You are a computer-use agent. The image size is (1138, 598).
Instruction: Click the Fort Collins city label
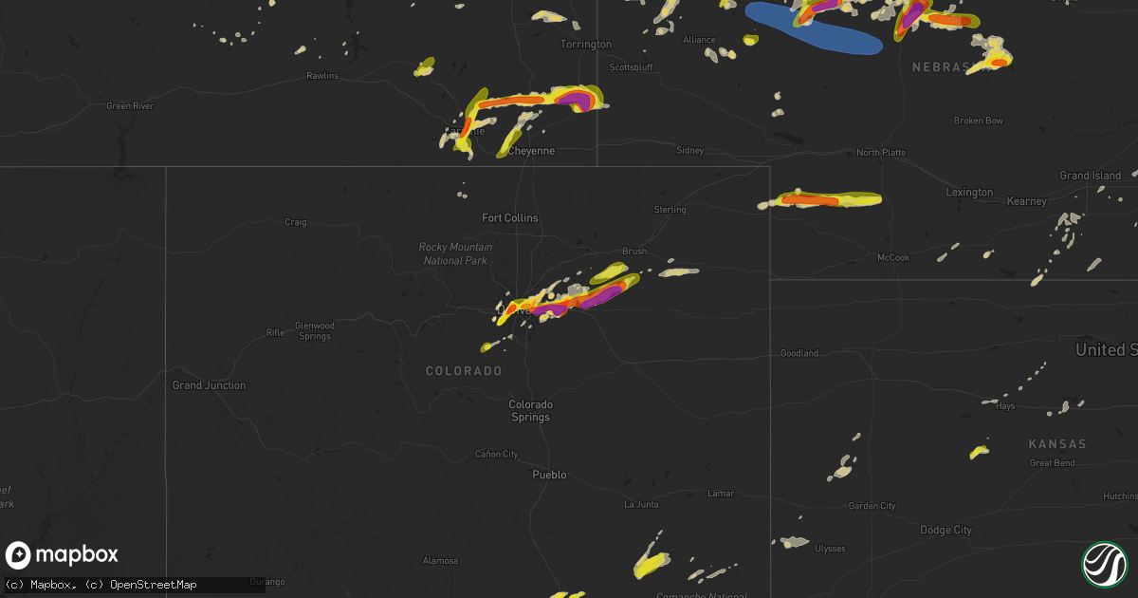point(509,218)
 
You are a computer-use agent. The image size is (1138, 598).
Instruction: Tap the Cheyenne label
point(531,151)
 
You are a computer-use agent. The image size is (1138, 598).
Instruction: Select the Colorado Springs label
point(529,411)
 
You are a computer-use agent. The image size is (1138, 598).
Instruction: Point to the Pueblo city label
point(549,475)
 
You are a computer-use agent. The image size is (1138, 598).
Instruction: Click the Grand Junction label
point(209,385)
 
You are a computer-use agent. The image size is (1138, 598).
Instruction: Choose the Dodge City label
point(945,530)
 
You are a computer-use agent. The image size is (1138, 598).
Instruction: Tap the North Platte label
point(881,153)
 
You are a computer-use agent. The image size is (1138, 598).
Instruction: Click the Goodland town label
point(798,353)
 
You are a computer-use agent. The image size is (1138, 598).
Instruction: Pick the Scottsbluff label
point(633,67)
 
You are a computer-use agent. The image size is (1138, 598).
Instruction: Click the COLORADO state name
point(464,370)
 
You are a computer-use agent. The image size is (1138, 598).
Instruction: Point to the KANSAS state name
point(1057,444)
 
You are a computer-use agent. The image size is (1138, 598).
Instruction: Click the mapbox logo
point(63,555)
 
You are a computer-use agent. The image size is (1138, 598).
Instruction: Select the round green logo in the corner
point(1103,563)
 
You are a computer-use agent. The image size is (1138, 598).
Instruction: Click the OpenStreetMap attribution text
point(153,585)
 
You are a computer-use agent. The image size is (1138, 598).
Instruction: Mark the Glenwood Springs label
point(314,331)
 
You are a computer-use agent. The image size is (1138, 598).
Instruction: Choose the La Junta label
point(640,505)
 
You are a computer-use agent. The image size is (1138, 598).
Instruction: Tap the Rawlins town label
point(322,76)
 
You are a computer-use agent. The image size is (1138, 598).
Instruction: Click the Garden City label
point(872,506)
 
